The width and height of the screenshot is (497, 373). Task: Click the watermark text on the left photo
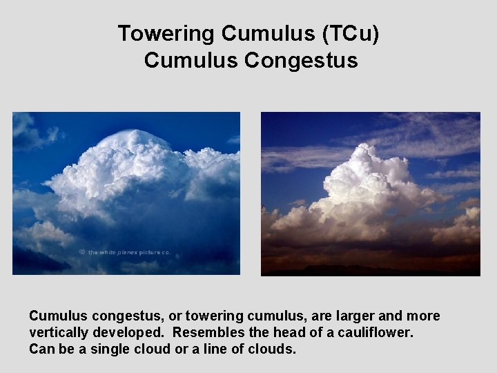(x=129, y=253)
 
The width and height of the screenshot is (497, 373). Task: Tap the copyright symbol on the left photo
(x=81, y=253)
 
